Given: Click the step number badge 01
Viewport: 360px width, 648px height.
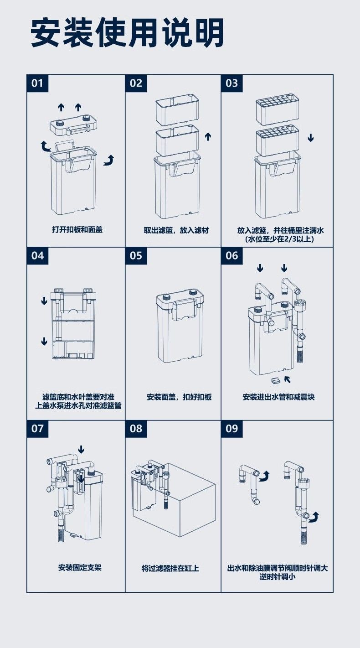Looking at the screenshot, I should coord(37,83).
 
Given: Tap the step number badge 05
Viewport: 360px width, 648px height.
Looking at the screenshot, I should coord(136,255).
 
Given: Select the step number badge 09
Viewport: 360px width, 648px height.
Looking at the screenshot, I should coord(231,428).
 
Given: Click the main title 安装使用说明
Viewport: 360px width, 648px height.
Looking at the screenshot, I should coord(127,33).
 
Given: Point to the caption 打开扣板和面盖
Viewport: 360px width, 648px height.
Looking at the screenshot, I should coord(77,229).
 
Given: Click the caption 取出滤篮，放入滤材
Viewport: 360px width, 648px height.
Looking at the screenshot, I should coord(176,230).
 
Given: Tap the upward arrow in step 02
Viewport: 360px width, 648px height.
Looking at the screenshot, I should coord(208,136).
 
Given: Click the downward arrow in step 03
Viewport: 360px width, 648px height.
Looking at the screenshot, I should coord(310,138).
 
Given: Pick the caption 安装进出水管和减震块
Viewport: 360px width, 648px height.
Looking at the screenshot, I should coord(278,397).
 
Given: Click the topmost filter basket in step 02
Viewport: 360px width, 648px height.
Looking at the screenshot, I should coord(177,109).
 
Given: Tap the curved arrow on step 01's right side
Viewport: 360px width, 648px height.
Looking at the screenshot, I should coord(109,160).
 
